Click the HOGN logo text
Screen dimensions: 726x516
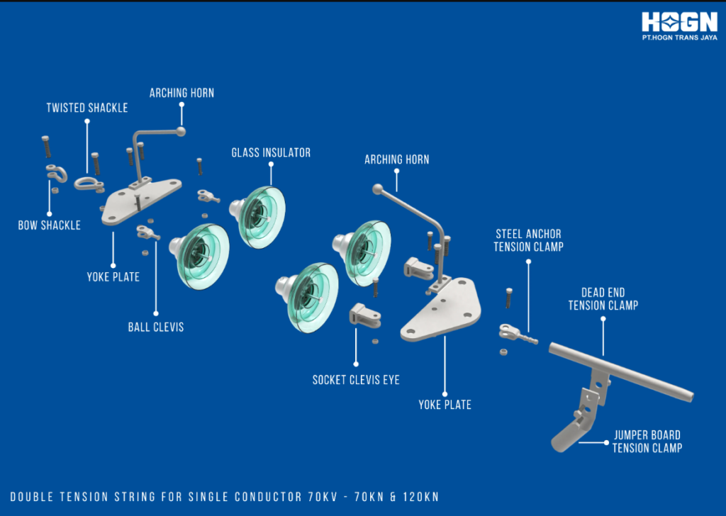click(x=679, y=22)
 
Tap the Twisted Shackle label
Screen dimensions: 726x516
click(x=87, y=108)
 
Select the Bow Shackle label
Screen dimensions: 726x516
click(x=49, y=225)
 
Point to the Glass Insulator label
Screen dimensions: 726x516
click(x=271, y=152)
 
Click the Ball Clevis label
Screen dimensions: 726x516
click(x=155, y=327)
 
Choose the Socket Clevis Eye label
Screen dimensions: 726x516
click(x=356, y=380)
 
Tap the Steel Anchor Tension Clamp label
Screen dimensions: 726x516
click(x=528, y=240)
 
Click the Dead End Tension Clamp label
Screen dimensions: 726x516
click(x=603, y=299)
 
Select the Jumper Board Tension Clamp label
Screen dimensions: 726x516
click(x=647, y=442)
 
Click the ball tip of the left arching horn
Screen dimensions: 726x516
click(x=181, y=131)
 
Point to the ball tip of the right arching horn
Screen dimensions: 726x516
click(x=378, y=189)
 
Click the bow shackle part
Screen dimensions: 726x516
click(x=57, y=173)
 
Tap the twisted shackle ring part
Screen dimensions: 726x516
click(x=88, y=184)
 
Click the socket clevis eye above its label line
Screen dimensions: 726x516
click(x=365, y=315)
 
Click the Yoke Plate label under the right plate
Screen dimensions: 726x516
click(x=445, y=405)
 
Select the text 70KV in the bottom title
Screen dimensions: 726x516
click(x=323, y=497)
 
